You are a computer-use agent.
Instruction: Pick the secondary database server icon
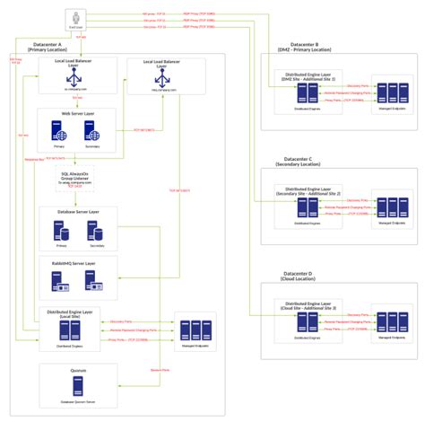tap(93, 232)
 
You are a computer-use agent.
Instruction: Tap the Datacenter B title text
tap(304, 47)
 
